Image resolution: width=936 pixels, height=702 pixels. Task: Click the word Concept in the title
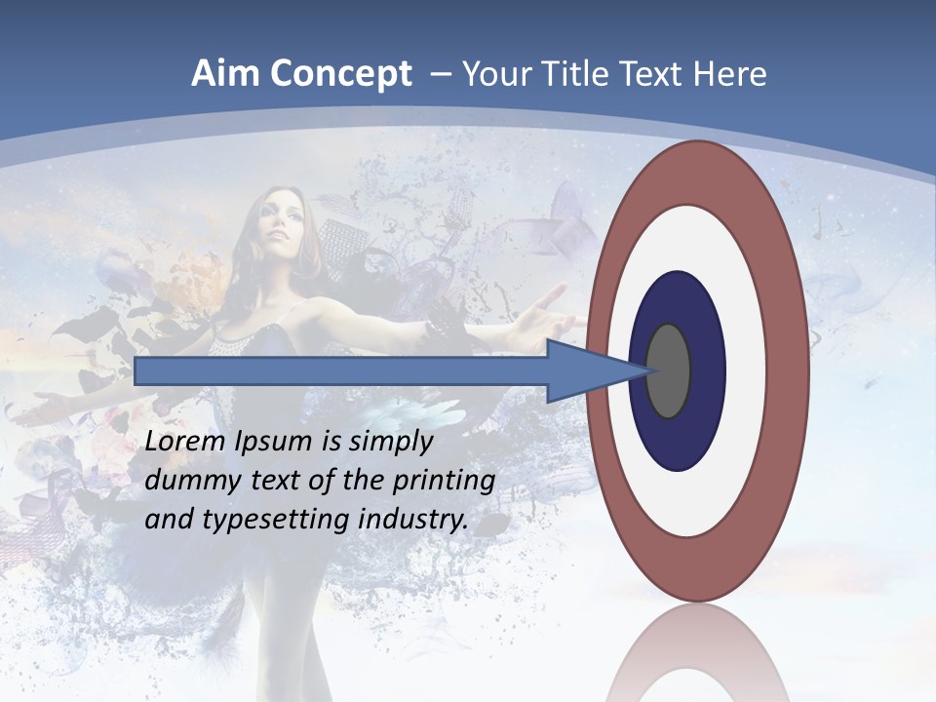coord(341,74)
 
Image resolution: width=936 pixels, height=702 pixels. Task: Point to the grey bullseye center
coord(669,371)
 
